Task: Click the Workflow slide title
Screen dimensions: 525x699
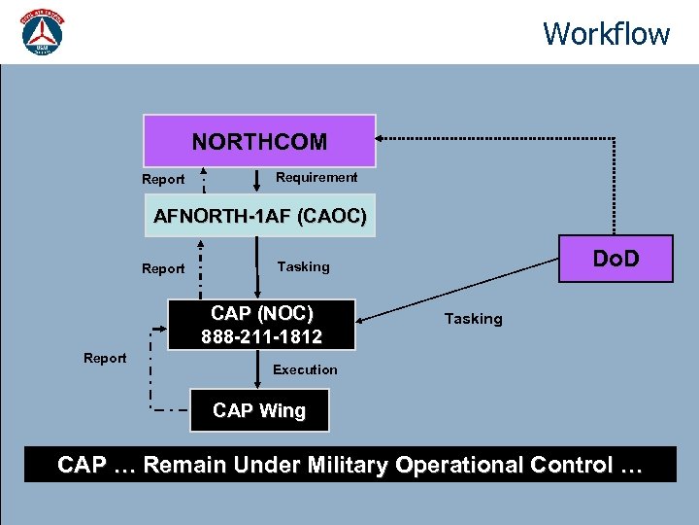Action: point(606,33)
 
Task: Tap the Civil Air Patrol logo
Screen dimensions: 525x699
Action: point(42,34)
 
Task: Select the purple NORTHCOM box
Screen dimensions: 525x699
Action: point(259,142)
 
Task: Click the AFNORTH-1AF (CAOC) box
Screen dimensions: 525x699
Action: point(259,216)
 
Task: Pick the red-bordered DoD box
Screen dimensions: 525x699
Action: point(616,259)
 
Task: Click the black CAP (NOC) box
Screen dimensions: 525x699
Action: point(262,325)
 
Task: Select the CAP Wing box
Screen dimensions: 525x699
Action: point(258,410)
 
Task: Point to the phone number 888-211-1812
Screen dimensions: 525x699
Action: point(262,336)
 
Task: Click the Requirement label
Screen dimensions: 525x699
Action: point(316,177)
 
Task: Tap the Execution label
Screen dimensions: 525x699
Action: point(305,369)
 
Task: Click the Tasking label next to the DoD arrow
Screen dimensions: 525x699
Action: point(473,319)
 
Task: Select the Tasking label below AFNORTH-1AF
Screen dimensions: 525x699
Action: point(303,266)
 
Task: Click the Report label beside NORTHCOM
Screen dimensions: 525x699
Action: point(163,179)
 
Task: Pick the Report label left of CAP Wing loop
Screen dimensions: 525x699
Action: point(105,358)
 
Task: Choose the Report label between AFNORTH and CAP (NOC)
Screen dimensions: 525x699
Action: point(163,268)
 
